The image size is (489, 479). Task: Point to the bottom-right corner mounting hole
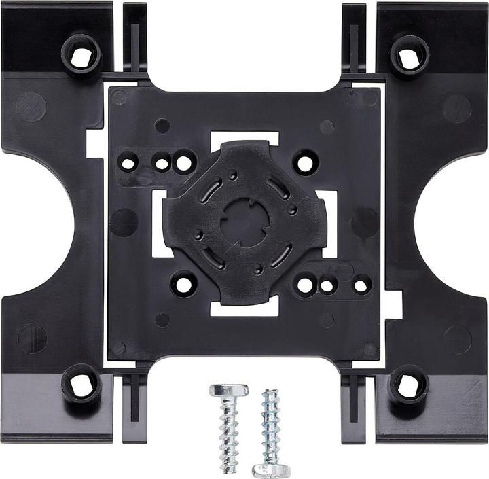coord(409,385)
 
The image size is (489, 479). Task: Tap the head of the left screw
coord(228,391)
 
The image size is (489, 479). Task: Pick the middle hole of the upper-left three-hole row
coord(162,163)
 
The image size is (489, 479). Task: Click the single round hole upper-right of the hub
coord(306,163)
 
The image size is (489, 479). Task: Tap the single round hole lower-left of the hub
coord(183,284)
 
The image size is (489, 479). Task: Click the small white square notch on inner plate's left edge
coord(95,142)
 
